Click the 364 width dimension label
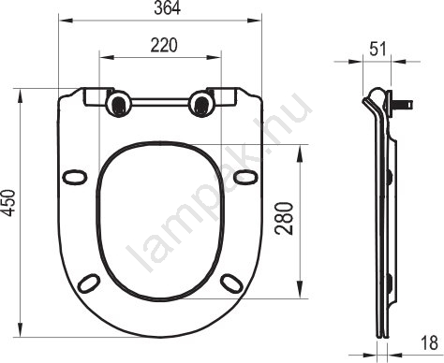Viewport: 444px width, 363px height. (x=168, y=8)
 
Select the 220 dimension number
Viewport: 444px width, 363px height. (x=164, y=45)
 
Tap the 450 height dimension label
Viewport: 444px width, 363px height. (x=8, y=203)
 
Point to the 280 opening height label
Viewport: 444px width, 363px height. (x=285, y=218)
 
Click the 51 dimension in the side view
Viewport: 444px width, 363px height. (x=378, y=49)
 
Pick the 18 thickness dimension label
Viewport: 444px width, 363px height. (x=430, y=343)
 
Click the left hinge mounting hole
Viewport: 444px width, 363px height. (x=118, y=104)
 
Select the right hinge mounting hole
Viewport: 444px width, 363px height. (x=201, y=104)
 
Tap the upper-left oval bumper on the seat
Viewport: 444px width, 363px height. (x=74, y=177)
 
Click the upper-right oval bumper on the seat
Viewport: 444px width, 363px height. (x=246, y=177)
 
